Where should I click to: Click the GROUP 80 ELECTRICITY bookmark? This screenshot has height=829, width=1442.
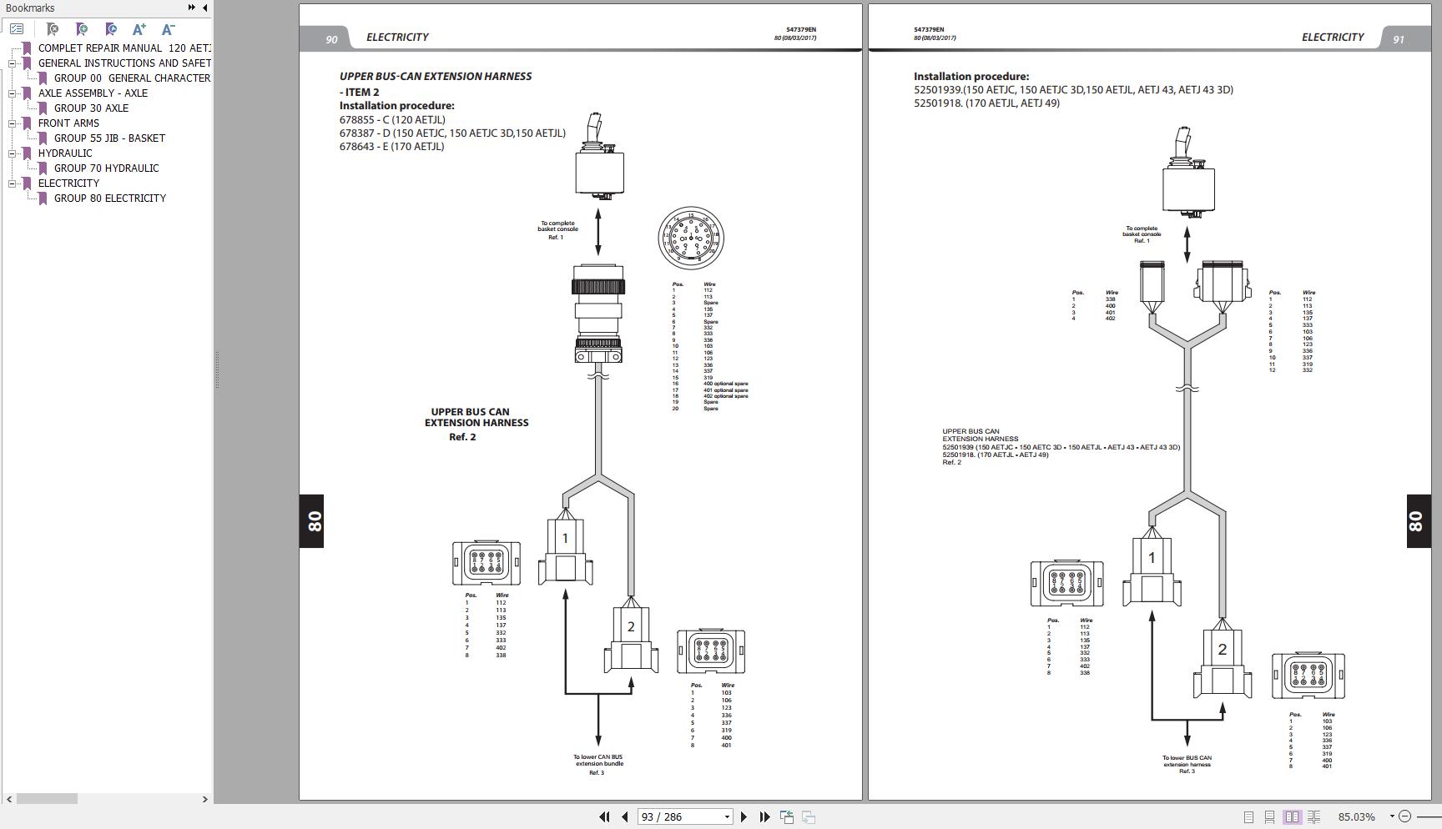109,198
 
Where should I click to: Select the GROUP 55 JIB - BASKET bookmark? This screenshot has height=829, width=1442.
109,138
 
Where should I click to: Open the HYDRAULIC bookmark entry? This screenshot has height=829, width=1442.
65,153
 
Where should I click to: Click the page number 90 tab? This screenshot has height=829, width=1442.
331,39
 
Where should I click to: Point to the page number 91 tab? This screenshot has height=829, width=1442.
1398,39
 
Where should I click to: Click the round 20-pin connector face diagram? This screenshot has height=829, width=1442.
690,239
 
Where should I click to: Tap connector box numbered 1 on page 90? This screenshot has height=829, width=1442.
565,551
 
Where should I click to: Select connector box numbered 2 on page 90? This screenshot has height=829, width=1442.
631,640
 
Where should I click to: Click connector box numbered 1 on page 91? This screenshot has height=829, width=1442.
1152,571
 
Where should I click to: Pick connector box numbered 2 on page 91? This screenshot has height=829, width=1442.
1222,663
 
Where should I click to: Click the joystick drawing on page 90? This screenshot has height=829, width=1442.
599,158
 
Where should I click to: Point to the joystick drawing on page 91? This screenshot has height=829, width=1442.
1188,173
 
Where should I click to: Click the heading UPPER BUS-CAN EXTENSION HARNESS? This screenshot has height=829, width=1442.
436,76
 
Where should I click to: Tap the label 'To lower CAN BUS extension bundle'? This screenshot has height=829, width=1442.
597,760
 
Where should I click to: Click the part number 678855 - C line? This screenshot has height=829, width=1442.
392,119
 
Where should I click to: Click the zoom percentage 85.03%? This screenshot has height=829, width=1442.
1356,816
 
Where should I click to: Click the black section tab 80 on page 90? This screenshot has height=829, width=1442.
311,521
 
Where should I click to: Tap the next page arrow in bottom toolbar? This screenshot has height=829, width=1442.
744,816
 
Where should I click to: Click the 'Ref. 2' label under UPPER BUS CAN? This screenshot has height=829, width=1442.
462,437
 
